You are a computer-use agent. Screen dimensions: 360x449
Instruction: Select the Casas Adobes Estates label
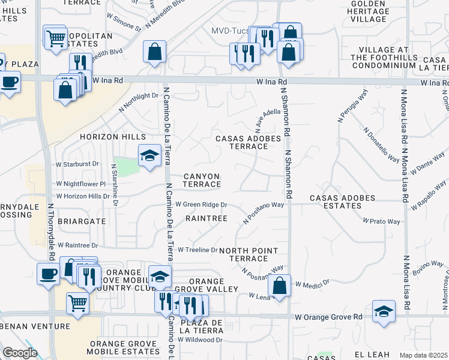342,202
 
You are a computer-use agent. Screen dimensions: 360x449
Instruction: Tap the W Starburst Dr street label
77,163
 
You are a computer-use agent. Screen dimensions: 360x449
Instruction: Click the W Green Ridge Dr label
201,205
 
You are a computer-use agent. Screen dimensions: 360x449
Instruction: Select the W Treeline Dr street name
197,250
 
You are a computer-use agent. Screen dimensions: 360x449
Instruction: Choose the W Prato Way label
385,221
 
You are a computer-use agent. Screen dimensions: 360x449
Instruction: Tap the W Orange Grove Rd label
328,316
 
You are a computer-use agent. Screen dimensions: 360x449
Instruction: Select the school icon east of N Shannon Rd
384,311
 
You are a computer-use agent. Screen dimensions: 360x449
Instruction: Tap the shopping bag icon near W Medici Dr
279,286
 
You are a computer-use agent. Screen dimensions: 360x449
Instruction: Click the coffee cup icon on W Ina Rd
10,82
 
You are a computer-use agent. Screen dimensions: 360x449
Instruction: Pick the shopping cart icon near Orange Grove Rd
77,304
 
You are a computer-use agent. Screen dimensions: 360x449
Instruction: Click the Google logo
20,353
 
